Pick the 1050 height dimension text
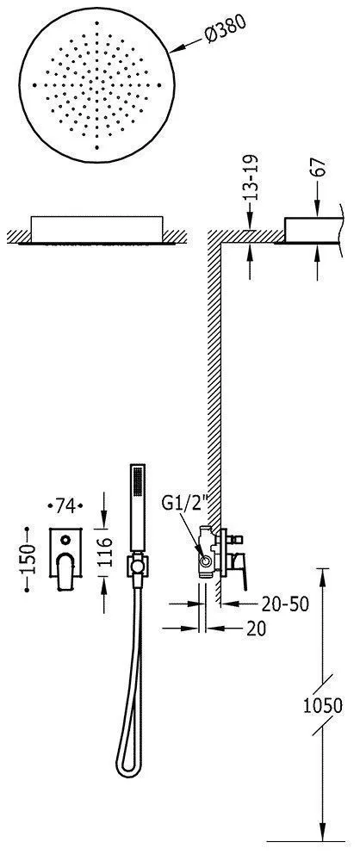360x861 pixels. click(324, 706)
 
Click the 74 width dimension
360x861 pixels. click(65, 505)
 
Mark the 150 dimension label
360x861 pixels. click(28, 559)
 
